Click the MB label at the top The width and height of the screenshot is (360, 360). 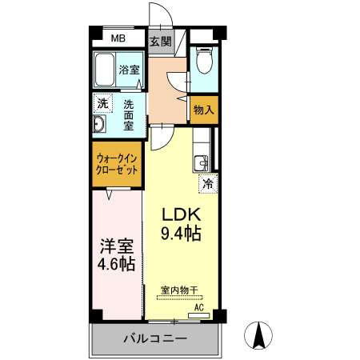[x=118, y=38]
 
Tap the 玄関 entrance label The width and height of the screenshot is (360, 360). [x=160, y=41]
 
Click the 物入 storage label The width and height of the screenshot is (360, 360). [x=204, y=110]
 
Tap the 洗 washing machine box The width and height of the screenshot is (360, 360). [x=102, y=103]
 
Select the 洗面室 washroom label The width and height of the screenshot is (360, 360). [x=129, y=114]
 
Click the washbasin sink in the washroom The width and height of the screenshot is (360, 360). [x=99, y=124]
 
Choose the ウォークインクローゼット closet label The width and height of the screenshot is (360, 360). [x=118, y=166]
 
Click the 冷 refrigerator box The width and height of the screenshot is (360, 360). [x=207, y=183]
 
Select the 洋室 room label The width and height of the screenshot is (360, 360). [x=116, y=246]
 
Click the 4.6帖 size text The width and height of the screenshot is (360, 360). [x=116, y=265]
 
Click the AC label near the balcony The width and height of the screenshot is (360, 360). [x=200, y=306]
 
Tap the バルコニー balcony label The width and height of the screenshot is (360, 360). [x=154, y=339]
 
